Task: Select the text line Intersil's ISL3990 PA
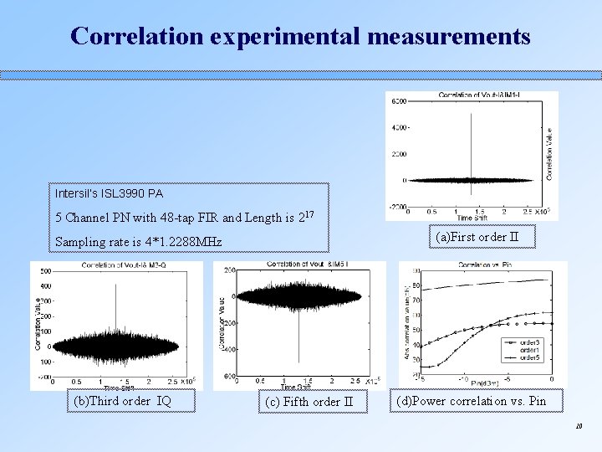pos(109,193)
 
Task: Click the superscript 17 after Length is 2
pos(308,214)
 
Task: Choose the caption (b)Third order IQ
pos(123,401)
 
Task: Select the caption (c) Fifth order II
pos(309,402)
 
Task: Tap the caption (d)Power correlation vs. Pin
pos(471,401)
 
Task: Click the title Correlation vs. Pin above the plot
pos(484,265)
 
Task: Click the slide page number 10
pos(578,427)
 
